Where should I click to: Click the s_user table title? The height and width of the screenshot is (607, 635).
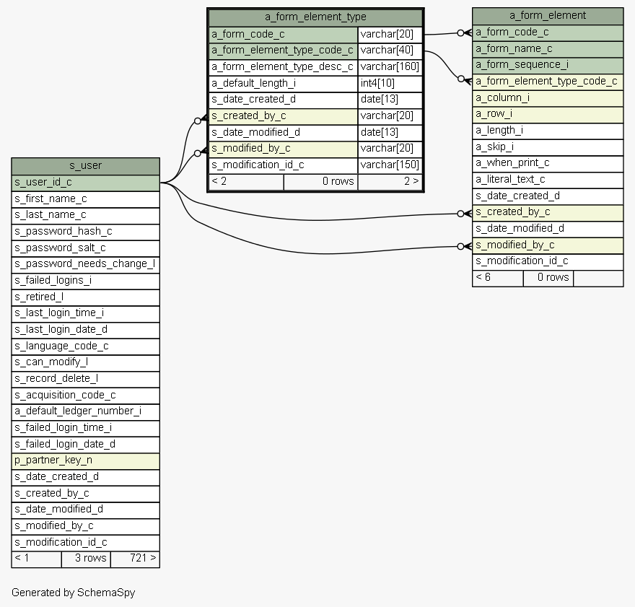tap(85, 165)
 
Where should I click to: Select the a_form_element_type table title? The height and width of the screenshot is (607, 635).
tap(315, 17)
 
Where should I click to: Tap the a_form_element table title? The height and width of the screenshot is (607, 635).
tap(548, 15)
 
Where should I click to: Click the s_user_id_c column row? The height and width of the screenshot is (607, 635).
tap(85, 183)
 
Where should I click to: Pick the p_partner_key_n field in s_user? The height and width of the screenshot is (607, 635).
tap(85, 460)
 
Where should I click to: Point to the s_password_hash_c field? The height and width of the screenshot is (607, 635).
tap(85, 231)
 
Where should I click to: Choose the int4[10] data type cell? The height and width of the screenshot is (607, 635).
tap(390, 83)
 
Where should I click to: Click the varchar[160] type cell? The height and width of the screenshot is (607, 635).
tap(390, 66)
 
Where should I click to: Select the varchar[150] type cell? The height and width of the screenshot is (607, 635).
tap(390, 165)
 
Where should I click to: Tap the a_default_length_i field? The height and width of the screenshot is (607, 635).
tap(283, 83)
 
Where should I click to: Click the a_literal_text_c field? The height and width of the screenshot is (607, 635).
tap(548, 179)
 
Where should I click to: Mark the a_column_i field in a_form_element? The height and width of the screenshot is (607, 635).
tap(548, 97)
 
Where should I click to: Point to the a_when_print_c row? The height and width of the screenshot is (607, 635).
tap(548, 162)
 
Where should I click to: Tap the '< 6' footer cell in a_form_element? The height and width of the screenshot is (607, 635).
tap(497, 277)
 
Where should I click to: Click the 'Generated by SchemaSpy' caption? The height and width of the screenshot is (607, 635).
tap(73, 593)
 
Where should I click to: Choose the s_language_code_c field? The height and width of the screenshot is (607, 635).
tap(85, 346)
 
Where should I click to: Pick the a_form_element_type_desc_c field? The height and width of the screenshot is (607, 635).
tap(283, 66)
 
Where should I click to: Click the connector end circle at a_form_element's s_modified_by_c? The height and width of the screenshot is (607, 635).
tap(460, 246)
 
